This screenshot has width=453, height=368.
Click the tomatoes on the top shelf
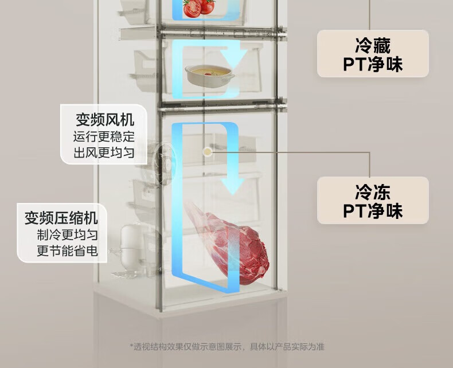[x=198, y=7]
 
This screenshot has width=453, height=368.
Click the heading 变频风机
[x=105, y=120]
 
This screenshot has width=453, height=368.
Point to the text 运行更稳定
[x=104, y=138]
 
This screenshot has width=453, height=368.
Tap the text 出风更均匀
[x=104, y=153]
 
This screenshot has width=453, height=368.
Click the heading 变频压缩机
[x=61, y=218]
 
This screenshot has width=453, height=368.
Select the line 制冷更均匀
[x=67, y=235]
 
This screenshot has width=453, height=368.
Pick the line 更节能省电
[x=67, y=250]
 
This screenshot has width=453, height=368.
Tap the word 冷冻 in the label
[x=373, y=191]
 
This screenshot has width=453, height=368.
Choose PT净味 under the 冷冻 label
[x=373, y=210]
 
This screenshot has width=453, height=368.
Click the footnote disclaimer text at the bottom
[x=226, y=346]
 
